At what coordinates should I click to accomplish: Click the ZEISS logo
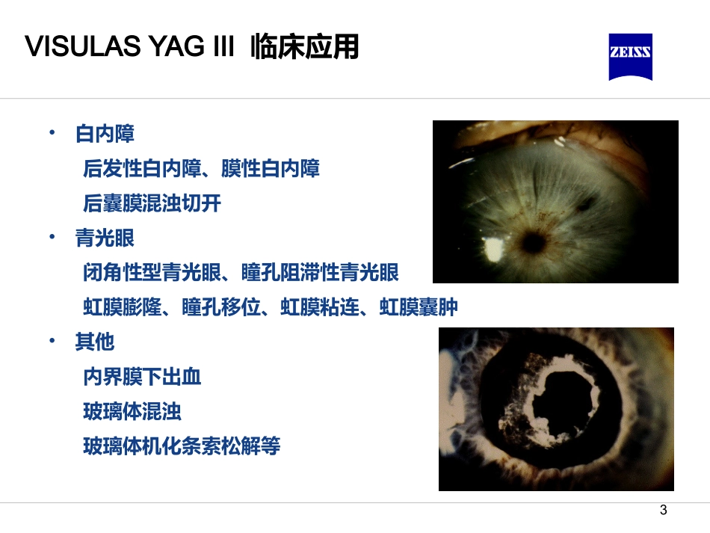click(x=631, y=56)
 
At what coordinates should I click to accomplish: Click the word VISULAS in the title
click(x=72, y=47)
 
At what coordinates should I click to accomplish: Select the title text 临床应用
click(x=305, y=47)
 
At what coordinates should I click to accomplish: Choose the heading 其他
click(x=95, y=342)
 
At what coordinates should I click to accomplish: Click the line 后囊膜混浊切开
click(x=152, y=203)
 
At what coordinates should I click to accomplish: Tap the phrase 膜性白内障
click(x=271, y=169)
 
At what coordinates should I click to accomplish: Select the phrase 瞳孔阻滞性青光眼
click(x=320, y=273)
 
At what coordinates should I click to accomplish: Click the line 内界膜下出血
click(x=142, y=377)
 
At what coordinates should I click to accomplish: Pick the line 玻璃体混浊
click(x=132, y=411)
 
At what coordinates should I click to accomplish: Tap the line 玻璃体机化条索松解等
click(x=182, y=446)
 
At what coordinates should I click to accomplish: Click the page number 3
click(x=663, y=511)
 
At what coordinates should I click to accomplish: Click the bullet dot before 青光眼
click(x=52, y=237)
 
